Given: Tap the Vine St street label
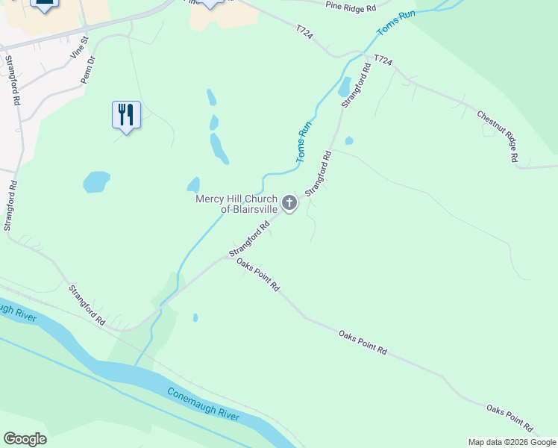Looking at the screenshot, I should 78,47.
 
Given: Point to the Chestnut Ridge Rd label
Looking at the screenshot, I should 498,136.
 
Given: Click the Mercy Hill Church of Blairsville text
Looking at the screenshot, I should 236,204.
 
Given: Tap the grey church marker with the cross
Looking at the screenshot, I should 289,202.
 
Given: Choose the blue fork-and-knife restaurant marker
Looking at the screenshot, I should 126,115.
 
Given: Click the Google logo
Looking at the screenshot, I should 25,439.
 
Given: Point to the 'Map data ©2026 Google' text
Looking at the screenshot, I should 512,442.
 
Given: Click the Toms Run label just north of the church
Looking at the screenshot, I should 304,142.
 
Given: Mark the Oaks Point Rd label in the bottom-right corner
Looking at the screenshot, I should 510,418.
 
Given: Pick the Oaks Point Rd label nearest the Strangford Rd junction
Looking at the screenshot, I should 257,274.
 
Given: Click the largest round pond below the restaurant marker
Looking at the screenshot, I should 96,181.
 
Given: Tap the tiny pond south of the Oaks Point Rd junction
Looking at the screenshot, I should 195,317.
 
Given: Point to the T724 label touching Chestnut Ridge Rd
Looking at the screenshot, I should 382,59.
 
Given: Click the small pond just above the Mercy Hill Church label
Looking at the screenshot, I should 193,184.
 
